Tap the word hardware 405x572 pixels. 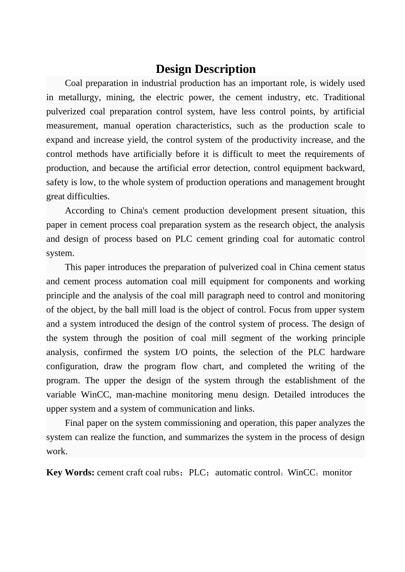pyautogui.click(x=347, y=352)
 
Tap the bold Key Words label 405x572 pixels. pyautogui.click(x=70, y=472)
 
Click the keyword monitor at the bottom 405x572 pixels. pyautogui.click(x=338, y=472)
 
